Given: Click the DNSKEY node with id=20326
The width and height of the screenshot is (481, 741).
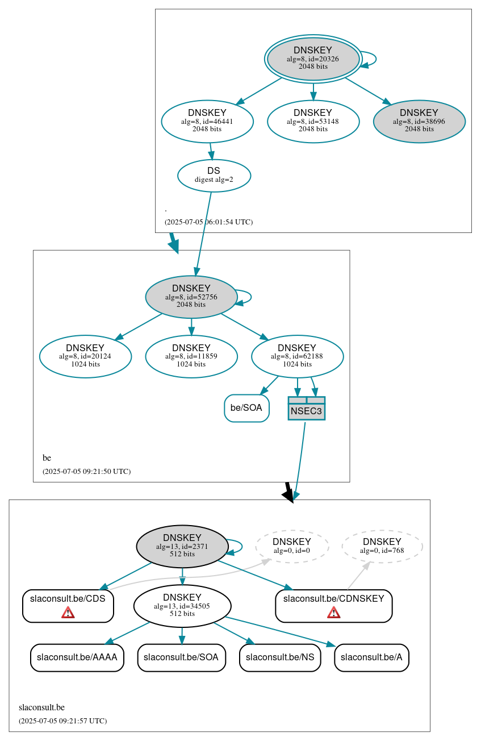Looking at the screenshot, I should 313,59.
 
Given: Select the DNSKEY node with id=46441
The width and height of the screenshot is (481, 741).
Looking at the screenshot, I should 207,121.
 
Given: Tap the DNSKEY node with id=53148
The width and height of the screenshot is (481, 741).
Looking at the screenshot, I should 313,121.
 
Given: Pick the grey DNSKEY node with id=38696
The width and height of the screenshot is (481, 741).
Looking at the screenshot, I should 419,121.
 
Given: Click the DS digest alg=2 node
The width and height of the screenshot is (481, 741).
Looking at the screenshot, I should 214,175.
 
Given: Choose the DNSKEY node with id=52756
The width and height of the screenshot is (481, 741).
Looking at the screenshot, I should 191,297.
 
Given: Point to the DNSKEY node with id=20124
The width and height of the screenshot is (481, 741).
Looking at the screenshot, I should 85,356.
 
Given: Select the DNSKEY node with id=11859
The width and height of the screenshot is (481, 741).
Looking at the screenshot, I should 191,356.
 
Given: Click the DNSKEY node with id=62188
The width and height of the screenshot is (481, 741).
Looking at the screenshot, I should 297,356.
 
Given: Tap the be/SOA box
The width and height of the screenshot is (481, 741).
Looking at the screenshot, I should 246,408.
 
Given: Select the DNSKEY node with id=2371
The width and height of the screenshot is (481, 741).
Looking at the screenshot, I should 182,546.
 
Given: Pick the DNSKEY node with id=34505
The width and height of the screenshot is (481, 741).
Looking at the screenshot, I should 182,606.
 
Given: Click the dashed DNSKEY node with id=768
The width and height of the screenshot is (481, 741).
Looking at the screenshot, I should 382,546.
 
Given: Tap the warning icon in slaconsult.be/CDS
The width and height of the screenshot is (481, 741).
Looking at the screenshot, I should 68,612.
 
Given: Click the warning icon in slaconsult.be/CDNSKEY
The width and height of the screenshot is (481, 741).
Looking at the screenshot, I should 334,612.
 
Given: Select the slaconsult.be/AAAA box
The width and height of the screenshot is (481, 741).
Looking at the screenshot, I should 77,657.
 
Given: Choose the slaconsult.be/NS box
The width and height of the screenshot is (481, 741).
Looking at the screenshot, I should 281,657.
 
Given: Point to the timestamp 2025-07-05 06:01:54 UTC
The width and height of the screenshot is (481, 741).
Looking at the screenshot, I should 208,222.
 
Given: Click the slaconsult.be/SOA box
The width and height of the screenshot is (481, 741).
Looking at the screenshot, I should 181,657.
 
